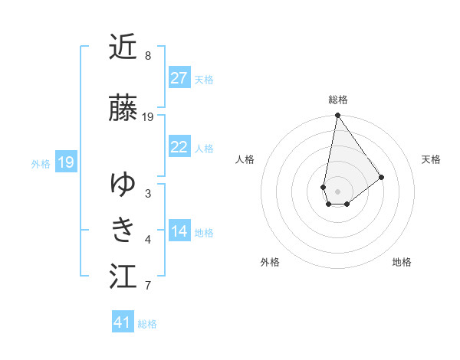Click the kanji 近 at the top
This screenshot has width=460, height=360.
coord(123,47)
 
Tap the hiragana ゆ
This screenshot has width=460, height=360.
coord(123,184)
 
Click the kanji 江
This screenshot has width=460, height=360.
coord(123,276)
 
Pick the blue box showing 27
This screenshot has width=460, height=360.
coord(179,78)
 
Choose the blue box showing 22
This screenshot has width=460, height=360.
coord(179,148)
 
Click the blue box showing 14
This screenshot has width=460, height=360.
coord(179,231)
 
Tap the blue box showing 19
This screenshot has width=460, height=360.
coord(65,162)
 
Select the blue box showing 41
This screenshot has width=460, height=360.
coord(123,322)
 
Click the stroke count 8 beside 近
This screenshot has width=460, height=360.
coord(148,56)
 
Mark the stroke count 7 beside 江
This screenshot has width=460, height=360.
coord(148,286)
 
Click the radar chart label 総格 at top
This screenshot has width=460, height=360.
coord(337,100)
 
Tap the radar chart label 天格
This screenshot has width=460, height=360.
coord(431,159)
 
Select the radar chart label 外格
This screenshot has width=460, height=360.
coord(270,262)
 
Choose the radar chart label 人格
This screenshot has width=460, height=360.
coord(245,159)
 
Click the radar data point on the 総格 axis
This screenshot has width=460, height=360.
coord(337,116)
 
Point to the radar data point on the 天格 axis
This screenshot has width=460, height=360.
coord(382,177)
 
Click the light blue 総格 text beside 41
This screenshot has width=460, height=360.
coord(147,324)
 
